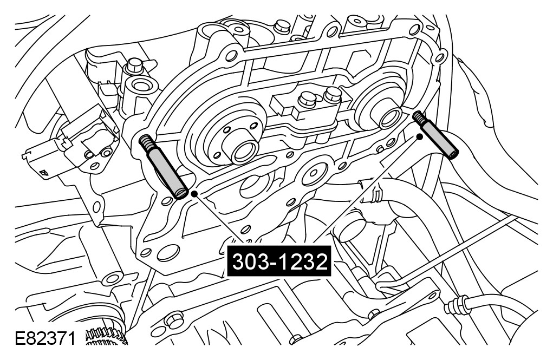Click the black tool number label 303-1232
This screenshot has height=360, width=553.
[x=279, y=261]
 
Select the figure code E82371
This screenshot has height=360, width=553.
[x=45, y=339]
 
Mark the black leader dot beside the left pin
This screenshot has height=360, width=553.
[x=193, y=194]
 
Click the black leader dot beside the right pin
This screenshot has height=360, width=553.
[x=419, y=136]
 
